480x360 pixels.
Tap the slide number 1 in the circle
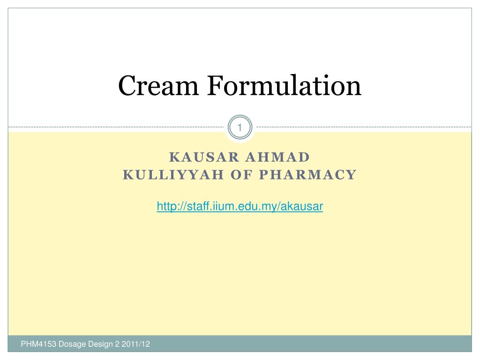pos(240,127)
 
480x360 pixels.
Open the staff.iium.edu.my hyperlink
pos(240,206)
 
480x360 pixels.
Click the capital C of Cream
pos(126,86)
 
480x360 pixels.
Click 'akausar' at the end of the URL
pos(305,206)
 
